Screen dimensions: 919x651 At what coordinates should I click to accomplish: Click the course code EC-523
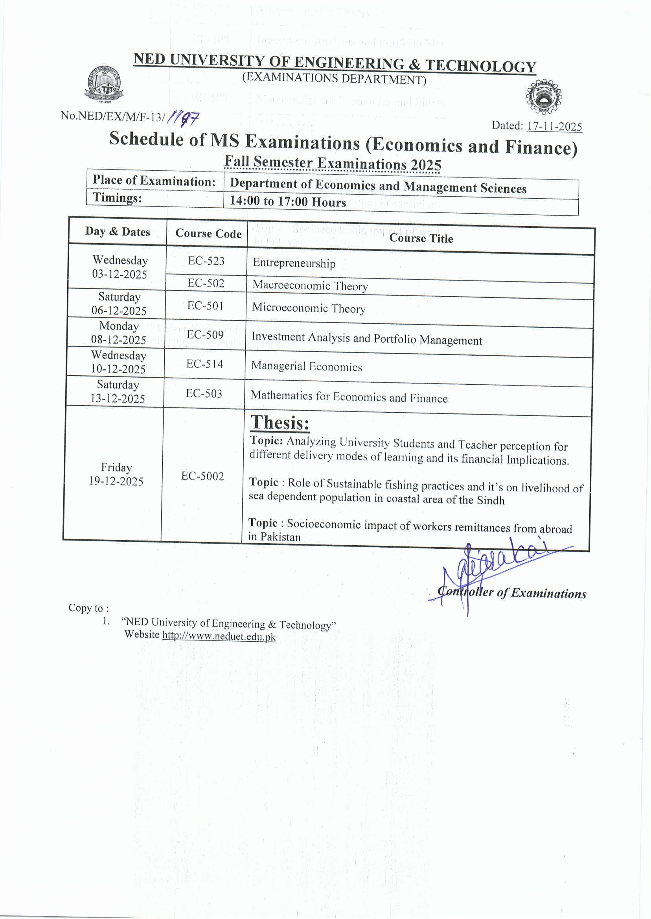pos(206,261)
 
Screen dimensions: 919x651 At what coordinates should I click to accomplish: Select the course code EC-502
pos(206,283)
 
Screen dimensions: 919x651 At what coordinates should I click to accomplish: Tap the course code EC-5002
pos(202,476)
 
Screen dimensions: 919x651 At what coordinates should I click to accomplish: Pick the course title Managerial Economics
pos(307,366)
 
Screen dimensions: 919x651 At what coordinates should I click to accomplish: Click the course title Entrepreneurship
pos(294,263)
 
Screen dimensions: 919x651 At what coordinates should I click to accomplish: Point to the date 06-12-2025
pos(119,310)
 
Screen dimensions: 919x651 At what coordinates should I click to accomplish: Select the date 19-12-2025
pos(116,481)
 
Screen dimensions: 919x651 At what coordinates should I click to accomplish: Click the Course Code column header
pos(208,233)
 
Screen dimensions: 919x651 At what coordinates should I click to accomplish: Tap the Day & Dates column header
pos(118,231)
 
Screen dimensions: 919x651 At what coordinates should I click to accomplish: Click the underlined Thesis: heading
pos(280,423)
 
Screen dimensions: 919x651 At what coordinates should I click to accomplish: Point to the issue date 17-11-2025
pos(554,126)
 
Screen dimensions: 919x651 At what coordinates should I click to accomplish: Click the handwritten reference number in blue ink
pos(183,118)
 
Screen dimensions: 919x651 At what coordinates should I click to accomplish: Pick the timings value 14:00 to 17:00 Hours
pos(287,201)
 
